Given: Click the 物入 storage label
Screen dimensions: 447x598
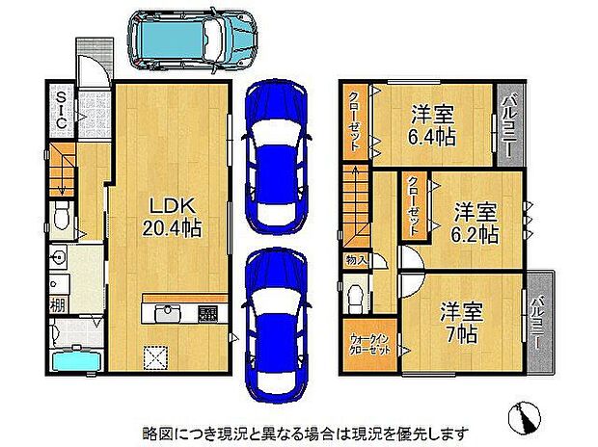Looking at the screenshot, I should point(355,259).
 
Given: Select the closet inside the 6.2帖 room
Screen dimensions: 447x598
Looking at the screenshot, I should point(414,204).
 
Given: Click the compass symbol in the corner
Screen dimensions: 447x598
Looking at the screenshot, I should point(525,419).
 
